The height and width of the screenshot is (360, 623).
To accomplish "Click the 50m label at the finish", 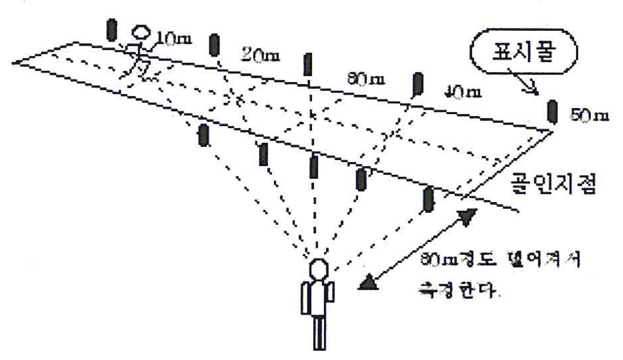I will point(589,116).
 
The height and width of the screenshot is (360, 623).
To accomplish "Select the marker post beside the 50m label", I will point(552,111).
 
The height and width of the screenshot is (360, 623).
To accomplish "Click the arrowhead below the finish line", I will point(467,217).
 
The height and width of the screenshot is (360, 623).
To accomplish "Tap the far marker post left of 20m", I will point(214,45).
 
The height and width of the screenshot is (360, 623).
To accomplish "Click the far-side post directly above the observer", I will point(308,65).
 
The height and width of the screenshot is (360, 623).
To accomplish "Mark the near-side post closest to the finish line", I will point(428,199).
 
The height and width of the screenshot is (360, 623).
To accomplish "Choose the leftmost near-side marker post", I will point(203,135).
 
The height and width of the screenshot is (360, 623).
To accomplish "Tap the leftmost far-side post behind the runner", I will point(112,30).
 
